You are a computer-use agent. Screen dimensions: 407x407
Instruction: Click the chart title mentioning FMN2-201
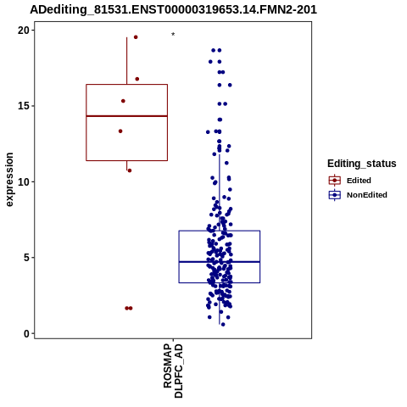click(x=173, y=9)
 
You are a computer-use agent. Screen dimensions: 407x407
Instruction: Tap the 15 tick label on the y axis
click(x=24, y=106)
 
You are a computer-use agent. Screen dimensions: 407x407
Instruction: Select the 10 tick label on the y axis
click(x=24, y=182)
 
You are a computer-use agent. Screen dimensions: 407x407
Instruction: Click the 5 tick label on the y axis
click(x=26, y=258)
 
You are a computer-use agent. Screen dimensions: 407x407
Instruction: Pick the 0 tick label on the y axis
click(x=26, y=334)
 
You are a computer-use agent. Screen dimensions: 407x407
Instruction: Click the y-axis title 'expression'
click(x=9, y=180)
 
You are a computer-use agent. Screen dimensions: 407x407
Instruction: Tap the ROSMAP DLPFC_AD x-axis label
click(x=173, y=371)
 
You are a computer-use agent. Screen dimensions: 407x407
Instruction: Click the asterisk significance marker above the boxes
click(x=173, y=35)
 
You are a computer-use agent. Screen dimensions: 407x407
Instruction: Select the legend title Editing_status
click(x=361, y=164)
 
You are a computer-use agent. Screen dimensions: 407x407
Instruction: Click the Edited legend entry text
click(x=359, y=181)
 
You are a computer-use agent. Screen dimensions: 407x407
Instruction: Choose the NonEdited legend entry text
click(x=367, y=195)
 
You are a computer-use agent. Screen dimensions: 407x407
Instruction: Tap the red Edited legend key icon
click(x=335, y=181)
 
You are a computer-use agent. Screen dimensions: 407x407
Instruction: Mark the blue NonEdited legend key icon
click(x=335, y=195)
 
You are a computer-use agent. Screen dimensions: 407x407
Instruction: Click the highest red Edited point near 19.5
click(x=136, y=37)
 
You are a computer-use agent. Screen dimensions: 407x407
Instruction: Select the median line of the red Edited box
click(x=126, y=116)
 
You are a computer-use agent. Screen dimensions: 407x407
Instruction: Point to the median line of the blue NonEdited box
click(x=220, y=262)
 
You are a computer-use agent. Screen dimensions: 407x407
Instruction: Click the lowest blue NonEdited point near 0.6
click(x=223, y=325)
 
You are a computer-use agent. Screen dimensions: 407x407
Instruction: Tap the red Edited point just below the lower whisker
click(x=130, y=170)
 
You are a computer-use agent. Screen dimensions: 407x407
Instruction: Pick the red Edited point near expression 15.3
click(x=123, y=101)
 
